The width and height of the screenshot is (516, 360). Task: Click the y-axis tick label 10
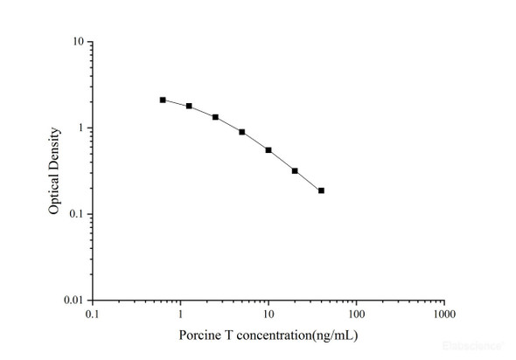tap(78, 42)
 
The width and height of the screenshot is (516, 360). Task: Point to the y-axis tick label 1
tap(80, 128)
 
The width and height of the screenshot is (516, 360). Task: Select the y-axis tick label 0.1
tap(76, 214)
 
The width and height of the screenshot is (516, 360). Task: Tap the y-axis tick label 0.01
tap(73, 301)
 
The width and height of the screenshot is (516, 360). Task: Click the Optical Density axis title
tap(54, 171)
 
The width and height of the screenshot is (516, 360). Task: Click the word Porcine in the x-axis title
tap(199, 335)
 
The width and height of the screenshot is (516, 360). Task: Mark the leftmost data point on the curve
tap(163, 100)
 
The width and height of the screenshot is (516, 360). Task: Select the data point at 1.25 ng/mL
tap(189, 106)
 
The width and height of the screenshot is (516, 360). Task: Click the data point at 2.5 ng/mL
tap(215, 117)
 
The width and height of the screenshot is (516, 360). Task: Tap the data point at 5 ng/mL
tap(241, 132)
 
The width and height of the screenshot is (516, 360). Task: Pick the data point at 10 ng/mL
tap(268, 150)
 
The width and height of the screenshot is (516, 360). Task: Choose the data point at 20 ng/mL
tap(295, 171)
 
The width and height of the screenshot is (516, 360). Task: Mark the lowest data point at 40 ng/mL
tap(321, 190)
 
